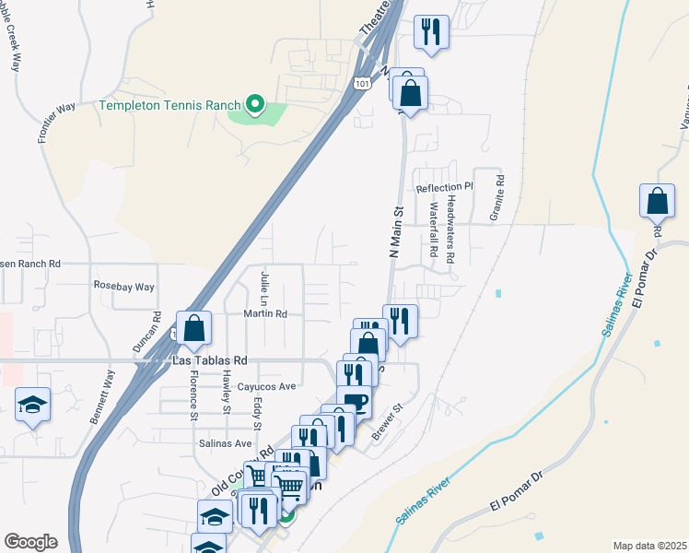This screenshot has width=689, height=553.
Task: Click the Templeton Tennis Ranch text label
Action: pos(170,104)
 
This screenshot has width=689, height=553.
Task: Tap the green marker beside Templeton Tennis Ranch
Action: pos(257,104)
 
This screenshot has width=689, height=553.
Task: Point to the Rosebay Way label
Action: pos(124,287)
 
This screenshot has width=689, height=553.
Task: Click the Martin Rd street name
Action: pos(265,314)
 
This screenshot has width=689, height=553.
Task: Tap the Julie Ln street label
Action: pos(264,289)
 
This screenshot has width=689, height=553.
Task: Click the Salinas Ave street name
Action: pos(226,443)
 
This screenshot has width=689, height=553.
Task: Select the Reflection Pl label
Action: pos(444,187)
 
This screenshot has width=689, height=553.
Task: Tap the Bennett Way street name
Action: pos(103,396)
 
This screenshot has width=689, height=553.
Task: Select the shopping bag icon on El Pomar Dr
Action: pos(657,200)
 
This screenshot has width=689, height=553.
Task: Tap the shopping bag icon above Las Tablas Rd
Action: pos(194,327)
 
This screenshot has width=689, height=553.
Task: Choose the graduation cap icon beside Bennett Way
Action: pos(32,404)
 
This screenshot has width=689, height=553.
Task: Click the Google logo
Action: pos(30,541)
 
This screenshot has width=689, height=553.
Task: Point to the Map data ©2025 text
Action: pos(649,546)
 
